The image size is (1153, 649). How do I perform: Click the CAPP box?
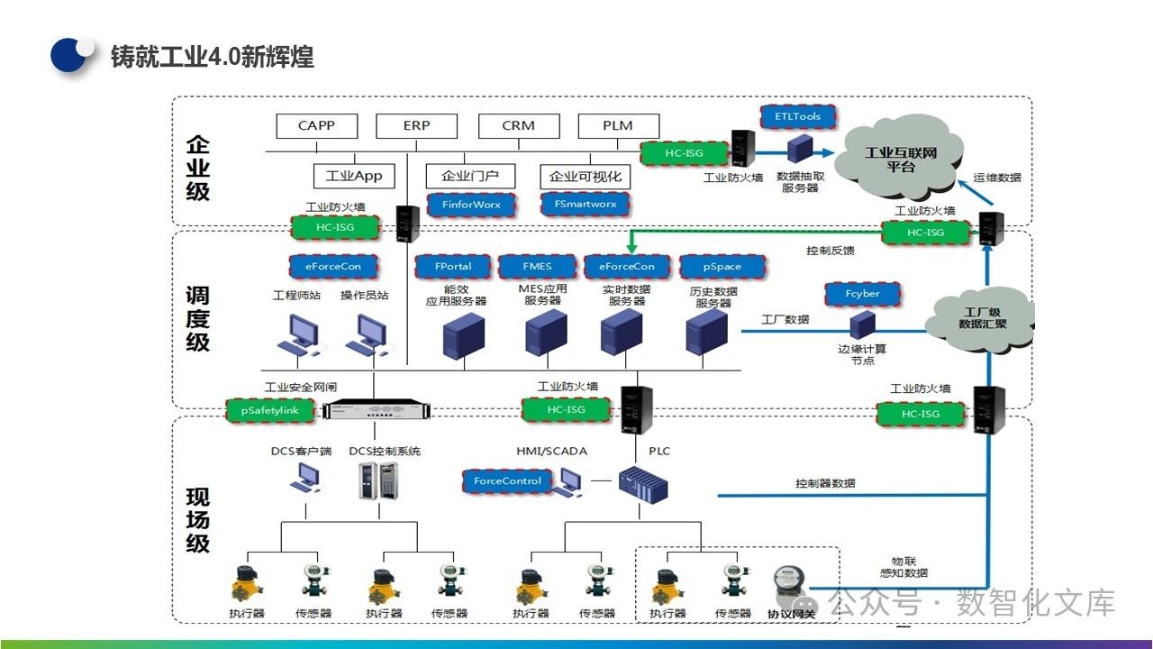click(316, 125)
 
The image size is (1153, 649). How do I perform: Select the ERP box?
click(416, 125)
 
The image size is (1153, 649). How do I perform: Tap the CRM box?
click(518, 125)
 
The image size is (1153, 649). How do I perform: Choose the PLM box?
click(618, 125)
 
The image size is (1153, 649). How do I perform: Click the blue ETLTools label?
click(797, 117)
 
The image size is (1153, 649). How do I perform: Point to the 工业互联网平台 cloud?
click(900, 160)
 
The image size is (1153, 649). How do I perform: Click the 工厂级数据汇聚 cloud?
click(983, 317)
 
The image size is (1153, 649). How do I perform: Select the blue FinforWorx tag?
click(471, 205)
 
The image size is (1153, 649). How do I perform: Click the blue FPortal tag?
click(453, 267)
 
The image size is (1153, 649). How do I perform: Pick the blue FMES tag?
click(538, 267)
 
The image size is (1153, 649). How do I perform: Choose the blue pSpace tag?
click(722, 268)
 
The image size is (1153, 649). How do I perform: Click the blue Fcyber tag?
click(863, 294)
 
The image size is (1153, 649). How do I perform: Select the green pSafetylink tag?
click(269, 410)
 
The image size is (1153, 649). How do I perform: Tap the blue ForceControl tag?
click(507, 481)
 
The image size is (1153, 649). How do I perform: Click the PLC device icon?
click(642, 486)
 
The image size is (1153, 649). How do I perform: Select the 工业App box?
click(354, 176)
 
